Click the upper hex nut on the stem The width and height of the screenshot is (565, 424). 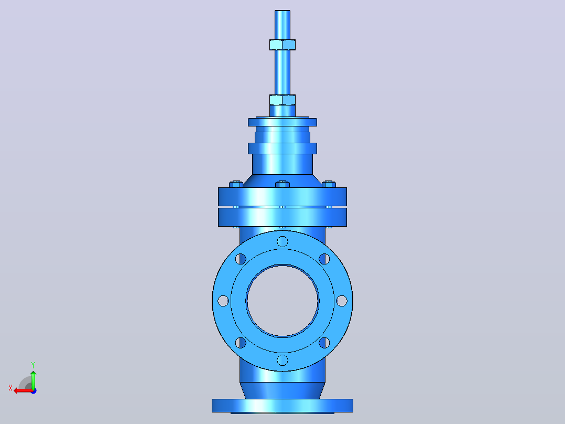click(282, 45)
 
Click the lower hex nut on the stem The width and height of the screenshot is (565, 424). click(282, 100)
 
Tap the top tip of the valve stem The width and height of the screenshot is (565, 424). click(282, 11)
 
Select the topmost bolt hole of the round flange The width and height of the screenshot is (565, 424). click(282, 241)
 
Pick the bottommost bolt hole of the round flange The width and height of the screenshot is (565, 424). click(282, 360)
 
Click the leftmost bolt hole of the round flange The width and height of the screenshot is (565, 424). click(223, 301)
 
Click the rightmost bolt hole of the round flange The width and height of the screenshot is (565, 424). click(342, 301)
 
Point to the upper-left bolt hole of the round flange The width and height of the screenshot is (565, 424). click(241, 259)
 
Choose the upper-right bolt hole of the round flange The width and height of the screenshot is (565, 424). click(324, 259)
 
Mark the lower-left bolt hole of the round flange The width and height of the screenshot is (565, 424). click(241, 343)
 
